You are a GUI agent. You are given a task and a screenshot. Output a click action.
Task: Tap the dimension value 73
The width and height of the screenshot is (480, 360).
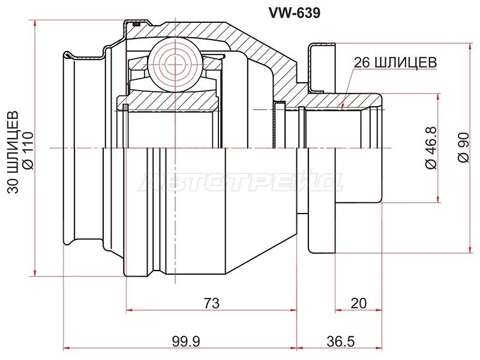click(211, 303)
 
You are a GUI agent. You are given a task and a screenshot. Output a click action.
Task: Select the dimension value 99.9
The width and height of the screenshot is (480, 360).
click(185, 341)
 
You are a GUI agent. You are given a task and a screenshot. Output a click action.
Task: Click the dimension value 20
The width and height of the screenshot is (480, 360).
click(358, 303)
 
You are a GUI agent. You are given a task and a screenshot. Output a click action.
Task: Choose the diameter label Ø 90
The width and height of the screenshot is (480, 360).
click(462, 147)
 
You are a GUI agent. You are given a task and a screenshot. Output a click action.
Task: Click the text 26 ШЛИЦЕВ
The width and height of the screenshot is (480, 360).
click(394, 62)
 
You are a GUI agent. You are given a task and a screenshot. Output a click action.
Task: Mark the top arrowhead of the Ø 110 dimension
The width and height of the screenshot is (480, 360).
click(36, 23)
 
